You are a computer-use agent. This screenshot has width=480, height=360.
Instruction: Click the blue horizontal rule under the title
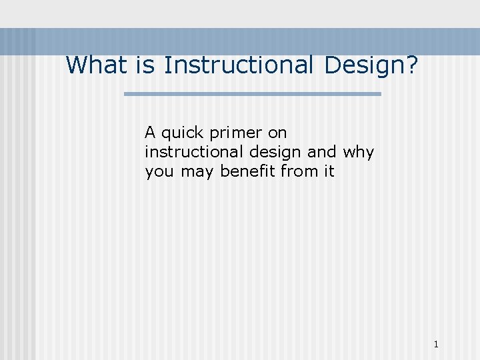click(x=253, y=94)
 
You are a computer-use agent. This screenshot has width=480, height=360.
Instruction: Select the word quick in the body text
click(x=182, y=133)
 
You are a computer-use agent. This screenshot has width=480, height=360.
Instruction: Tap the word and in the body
click(x=322, y=152)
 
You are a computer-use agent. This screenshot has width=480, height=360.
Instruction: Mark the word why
click(x=359, y=153)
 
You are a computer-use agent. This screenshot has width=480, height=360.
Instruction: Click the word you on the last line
click(x=159, y=172)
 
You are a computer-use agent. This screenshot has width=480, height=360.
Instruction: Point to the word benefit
click(x=248, y=171)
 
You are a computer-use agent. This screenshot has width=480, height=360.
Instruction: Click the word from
click(x=299, y=171)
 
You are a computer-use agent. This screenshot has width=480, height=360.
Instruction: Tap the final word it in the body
click(x=329, y=171)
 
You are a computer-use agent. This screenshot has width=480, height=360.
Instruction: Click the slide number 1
click(x=436, y=345)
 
